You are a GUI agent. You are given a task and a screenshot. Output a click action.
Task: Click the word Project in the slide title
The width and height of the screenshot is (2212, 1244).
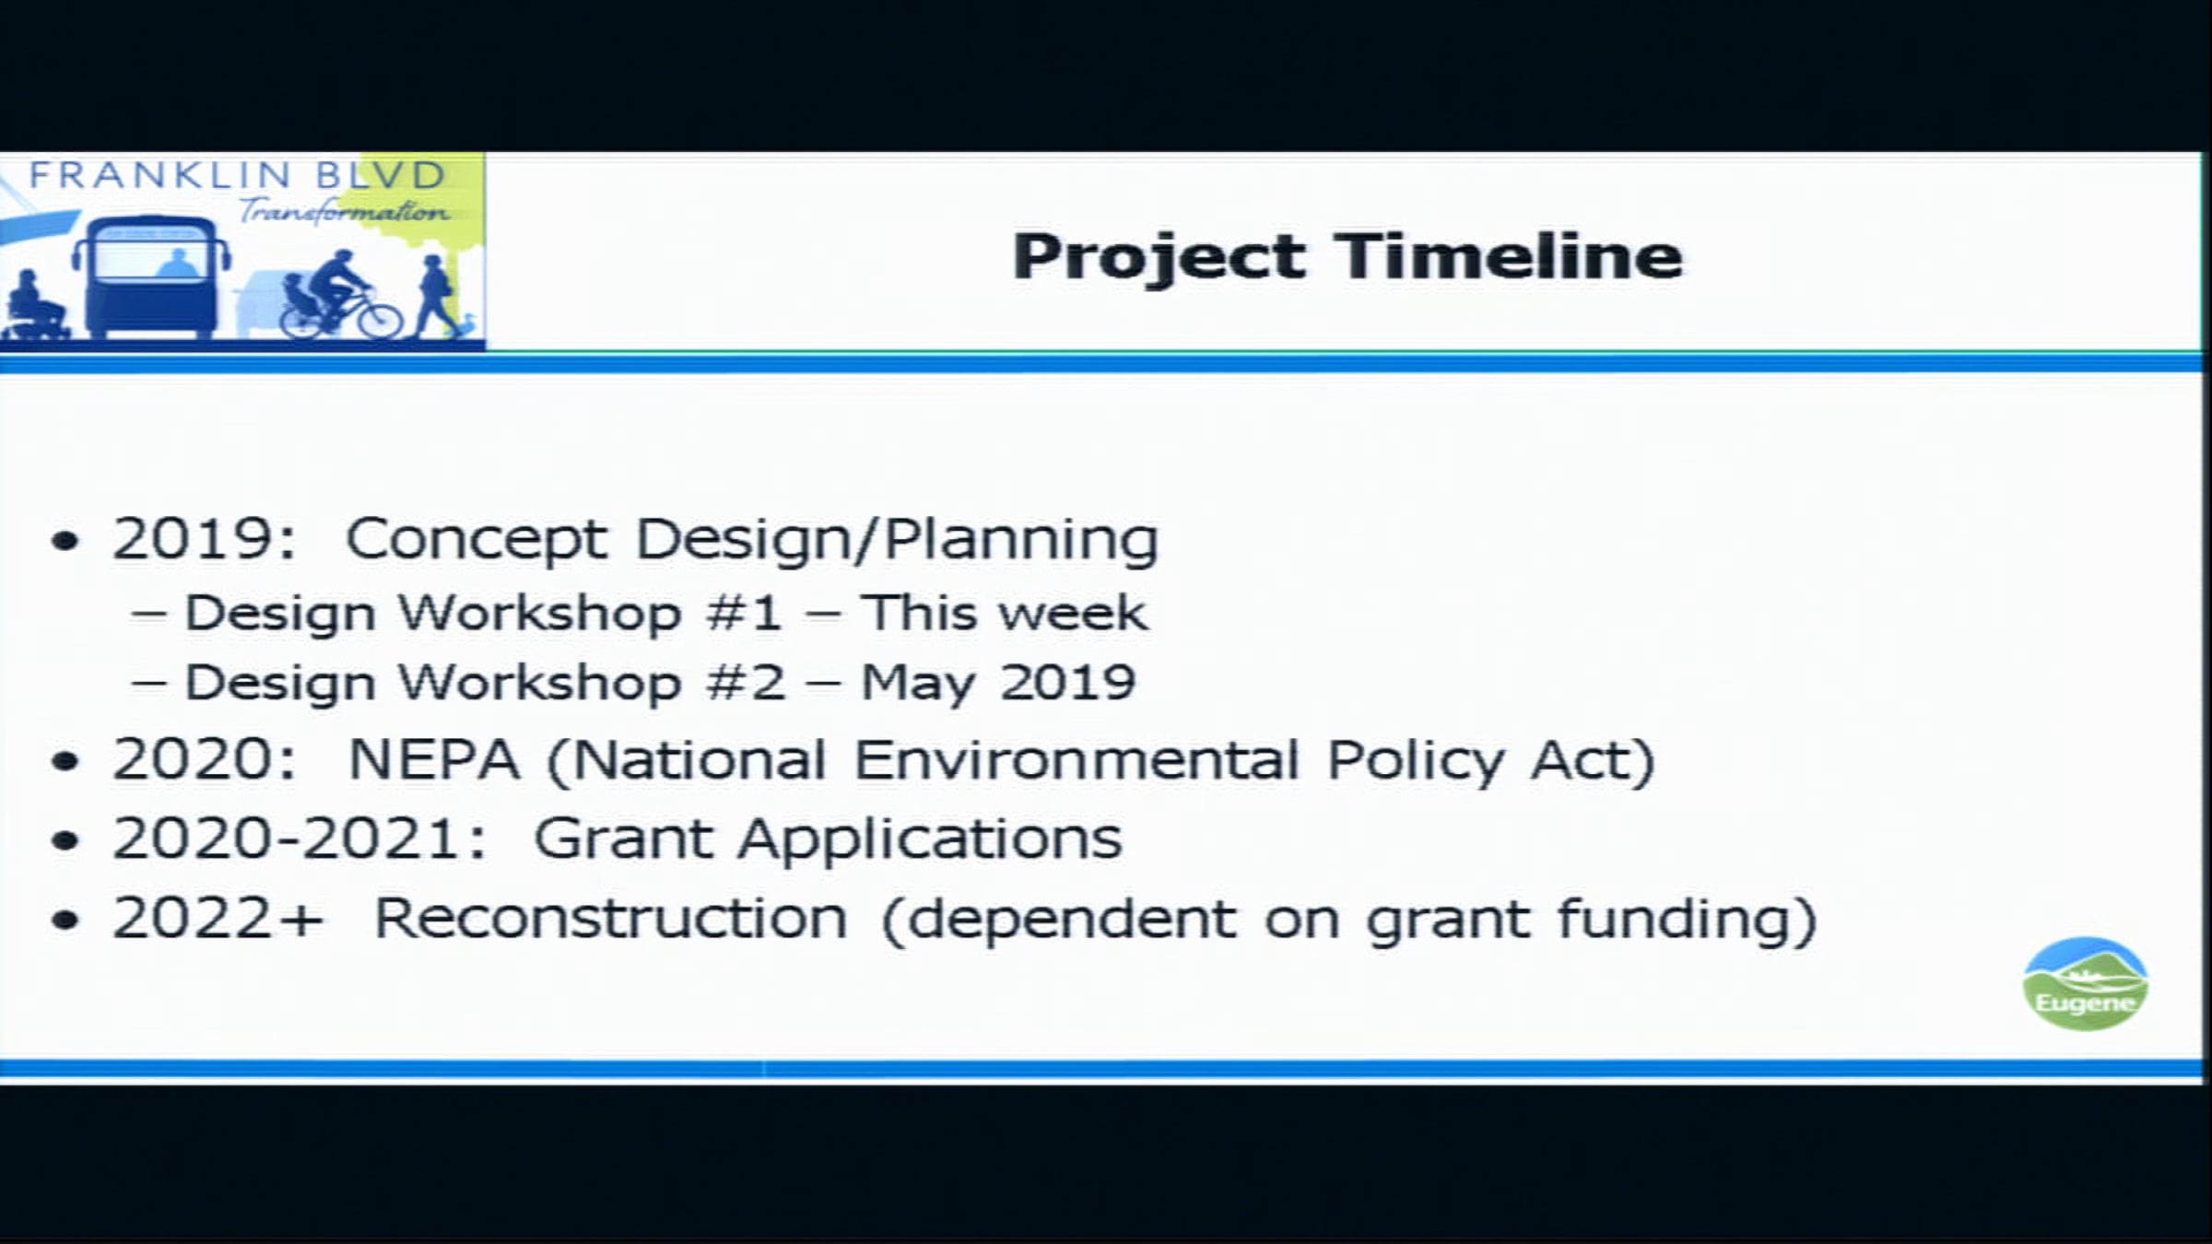pos(1159,257)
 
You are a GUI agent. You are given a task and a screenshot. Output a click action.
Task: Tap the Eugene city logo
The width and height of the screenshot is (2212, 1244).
pos(2086,983)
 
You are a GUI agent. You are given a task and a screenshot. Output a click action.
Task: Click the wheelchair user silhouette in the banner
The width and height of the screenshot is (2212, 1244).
pos(35,306)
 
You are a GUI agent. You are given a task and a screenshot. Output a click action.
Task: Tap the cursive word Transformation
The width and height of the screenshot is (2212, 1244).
pos(344,211)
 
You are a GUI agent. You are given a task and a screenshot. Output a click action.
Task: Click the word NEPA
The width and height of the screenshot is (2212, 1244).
pos(434,760)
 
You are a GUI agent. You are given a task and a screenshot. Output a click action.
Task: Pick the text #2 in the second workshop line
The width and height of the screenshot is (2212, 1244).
pos(746,683)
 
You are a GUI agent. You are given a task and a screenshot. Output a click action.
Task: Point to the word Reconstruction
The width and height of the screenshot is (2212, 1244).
pos(610,919)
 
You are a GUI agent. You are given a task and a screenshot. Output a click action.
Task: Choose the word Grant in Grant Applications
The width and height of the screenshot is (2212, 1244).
pos(623,839)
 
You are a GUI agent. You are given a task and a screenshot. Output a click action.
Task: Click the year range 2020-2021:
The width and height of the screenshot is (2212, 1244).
pos(300,839)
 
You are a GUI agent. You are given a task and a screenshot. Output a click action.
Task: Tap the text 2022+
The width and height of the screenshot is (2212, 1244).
pos(218,919)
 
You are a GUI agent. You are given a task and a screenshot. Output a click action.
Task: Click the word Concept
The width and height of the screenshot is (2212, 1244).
pos(477,540)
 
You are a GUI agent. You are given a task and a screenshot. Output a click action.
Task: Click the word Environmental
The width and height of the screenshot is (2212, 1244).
pos(1077,760)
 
